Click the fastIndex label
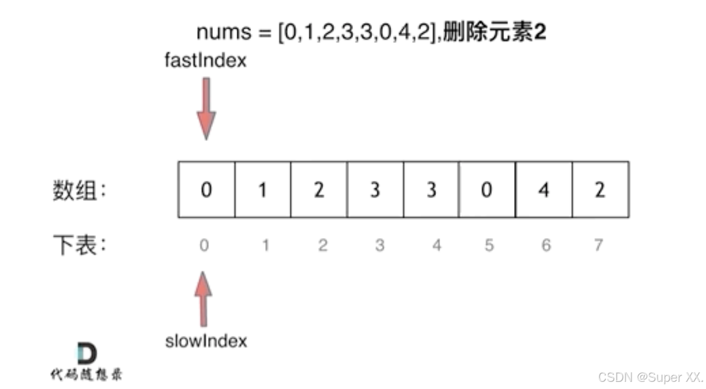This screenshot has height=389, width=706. pos(205,60)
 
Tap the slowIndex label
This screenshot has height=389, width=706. pos(206,341)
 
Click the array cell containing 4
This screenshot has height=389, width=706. pos(544,189)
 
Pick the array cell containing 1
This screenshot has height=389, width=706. pos(263,189)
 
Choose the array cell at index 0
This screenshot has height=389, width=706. pos(206,189)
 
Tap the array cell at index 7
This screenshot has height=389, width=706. pos(600,189)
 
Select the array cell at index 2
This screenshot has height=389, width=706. pos(319,189)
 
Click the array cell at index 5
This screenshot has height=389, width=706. pos(488,189)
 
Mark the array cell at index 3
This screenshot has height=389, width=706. pos(375,189)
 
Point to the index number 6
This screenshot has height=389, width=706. pos(545,245)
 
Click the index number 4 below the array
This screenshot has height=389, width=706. pos(436,245)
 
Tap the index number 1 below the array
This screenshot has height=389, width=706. pos(265,245)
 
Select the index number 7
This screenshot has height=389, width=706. pos(599,245)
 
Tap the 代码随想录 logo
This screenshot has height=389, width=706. pos(87,363)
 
